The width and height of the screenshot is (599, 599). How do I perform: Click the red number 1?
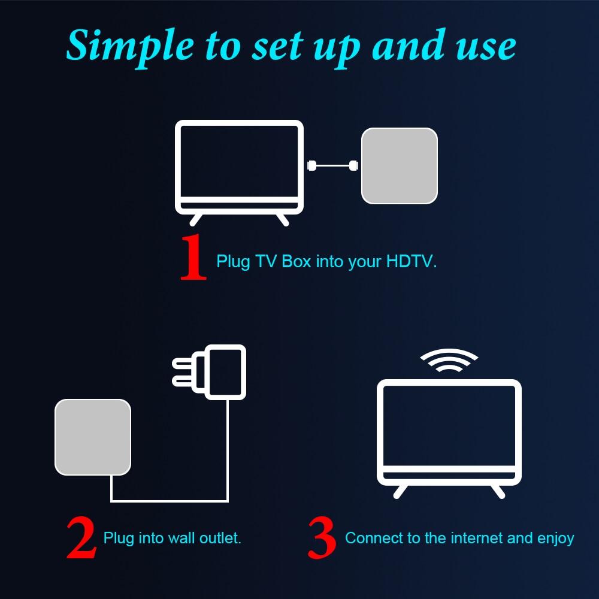[x=193, y=258]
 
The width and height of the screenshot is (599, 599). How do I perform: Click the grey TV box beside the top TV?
[x=399, y=165]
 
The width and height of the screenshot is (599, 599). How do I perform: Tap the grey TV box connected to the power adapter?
[x=93, y=437]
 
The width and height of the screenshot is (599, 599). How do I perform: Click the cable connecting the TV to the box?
[x=332, y=165]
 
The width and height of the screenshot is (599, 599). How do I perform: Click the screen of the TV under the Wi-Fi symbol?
[x=449, y=426]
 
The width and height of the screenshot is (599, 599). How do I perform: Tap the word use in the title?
[x=487, y=46]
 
